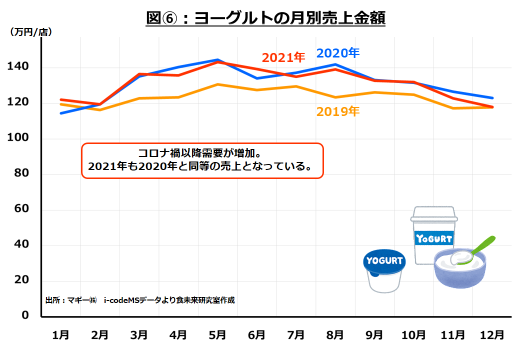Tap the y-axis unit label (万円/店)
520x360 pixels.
coord(31,32)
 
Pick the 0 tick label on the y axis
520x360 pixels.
coord(25,315)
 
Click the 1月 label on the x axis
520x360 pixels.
coord(61,334)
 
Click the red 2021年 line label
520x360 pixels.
coord(283,57)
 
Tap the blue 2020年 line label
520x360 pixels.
coord(338,53)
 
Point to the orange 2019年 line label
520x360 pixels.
coord(337,111)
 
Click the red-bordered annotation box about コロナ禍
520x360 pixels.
coord(202,160)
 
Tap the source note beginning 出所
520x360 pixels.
coord(139,300)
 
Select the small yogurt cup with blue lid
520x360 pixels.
coord(384,270)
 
